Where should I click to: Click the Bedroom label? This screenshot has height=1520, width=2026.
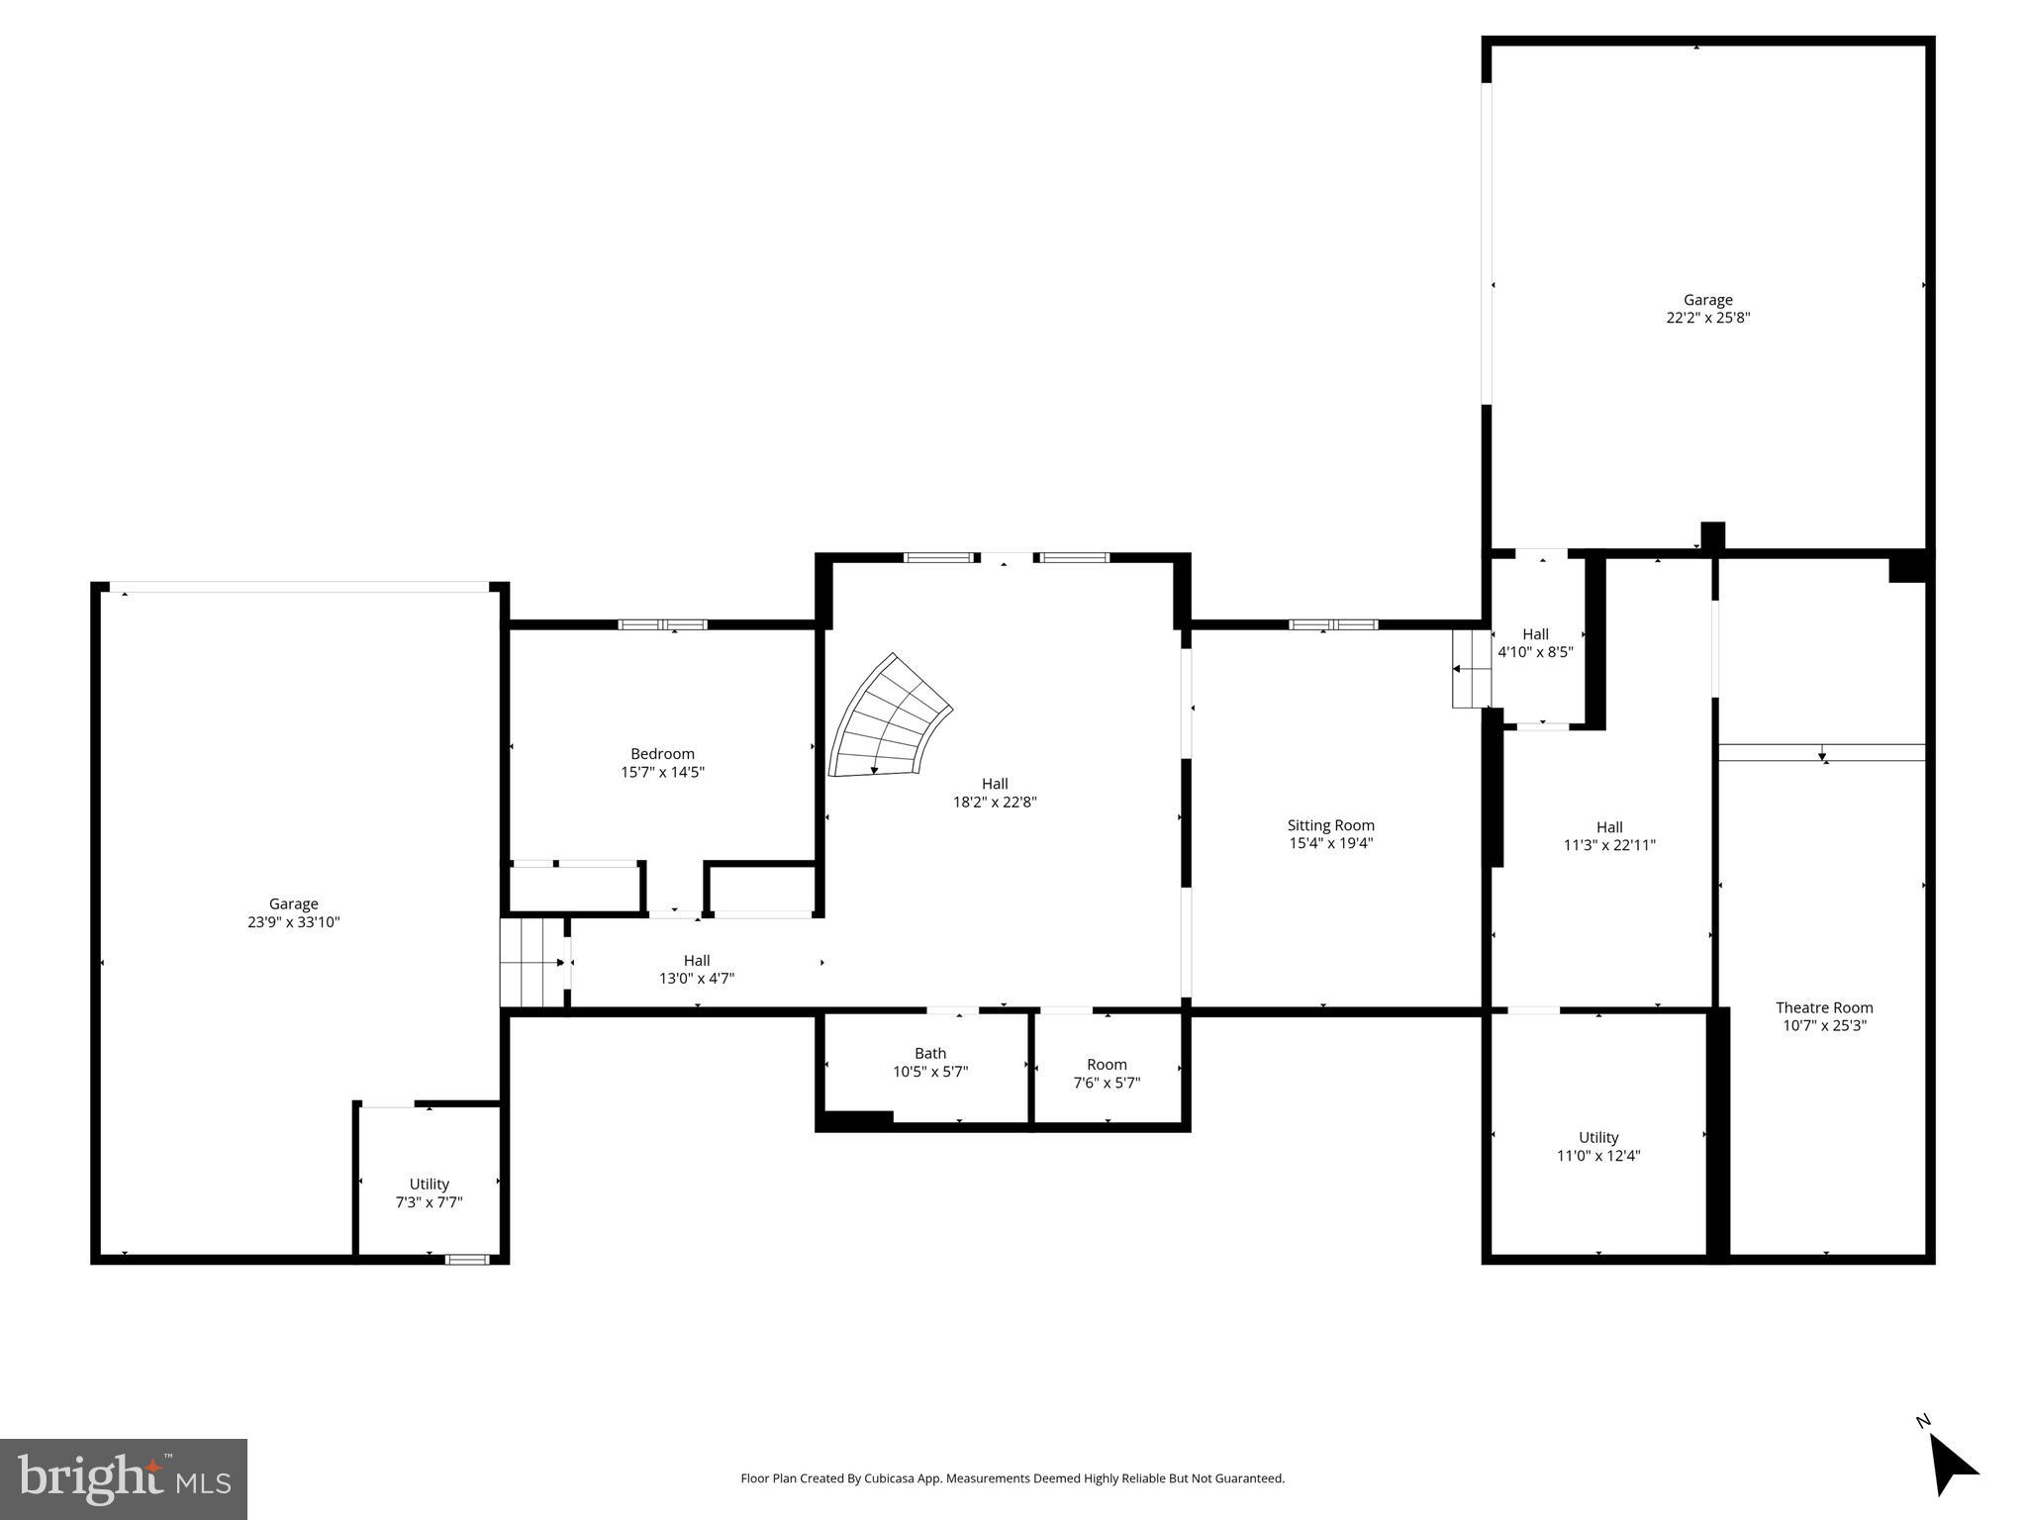pos(662,754)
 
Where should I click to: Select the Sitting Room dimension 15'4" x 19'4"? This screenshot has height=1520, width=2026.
pos(1329,843)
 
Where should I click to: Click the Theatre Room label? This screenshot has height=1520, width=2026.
pos(1823,1007)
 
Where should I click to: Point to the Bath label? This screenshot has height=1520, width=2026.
pos(929,1053)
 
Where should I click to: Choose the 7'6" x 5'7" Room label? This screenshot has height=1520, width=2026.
pos(1107,1074)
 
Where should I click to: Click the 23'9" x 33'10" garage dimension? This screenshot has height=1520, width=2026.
pos(293,921)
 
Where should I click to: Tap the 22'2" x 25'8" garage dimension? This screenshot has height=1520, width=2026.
pos(1707,318)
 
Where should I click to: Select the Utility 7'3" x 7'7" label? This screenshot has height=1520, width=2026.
pos(429,1192)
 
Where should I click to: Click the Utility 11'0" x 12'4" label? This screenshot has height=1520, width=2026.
pos(1597,1146)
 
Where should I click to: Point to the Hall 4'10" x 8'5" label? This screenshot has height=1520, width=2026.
pos(1534,643)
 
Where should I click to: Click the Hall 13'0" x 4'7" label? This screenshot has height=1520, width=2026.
pos(696,969)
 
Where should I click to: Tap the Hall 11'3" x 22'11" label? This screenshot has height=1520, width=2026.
pos(1608,836)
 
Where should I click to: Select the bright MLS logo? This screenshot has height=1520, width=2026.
pos(123,1478)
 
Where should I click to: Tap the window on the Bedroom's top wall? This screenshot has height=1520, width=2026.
pos(662,624)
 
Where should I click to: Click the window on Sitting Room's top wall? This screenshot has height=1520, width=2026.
pos(1332,624)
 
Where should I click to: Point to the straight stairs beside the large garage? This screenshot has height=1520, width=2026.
pos(531,962)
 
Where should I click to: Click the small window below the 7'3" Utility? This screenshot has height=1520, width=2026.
pos(466,1259)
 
